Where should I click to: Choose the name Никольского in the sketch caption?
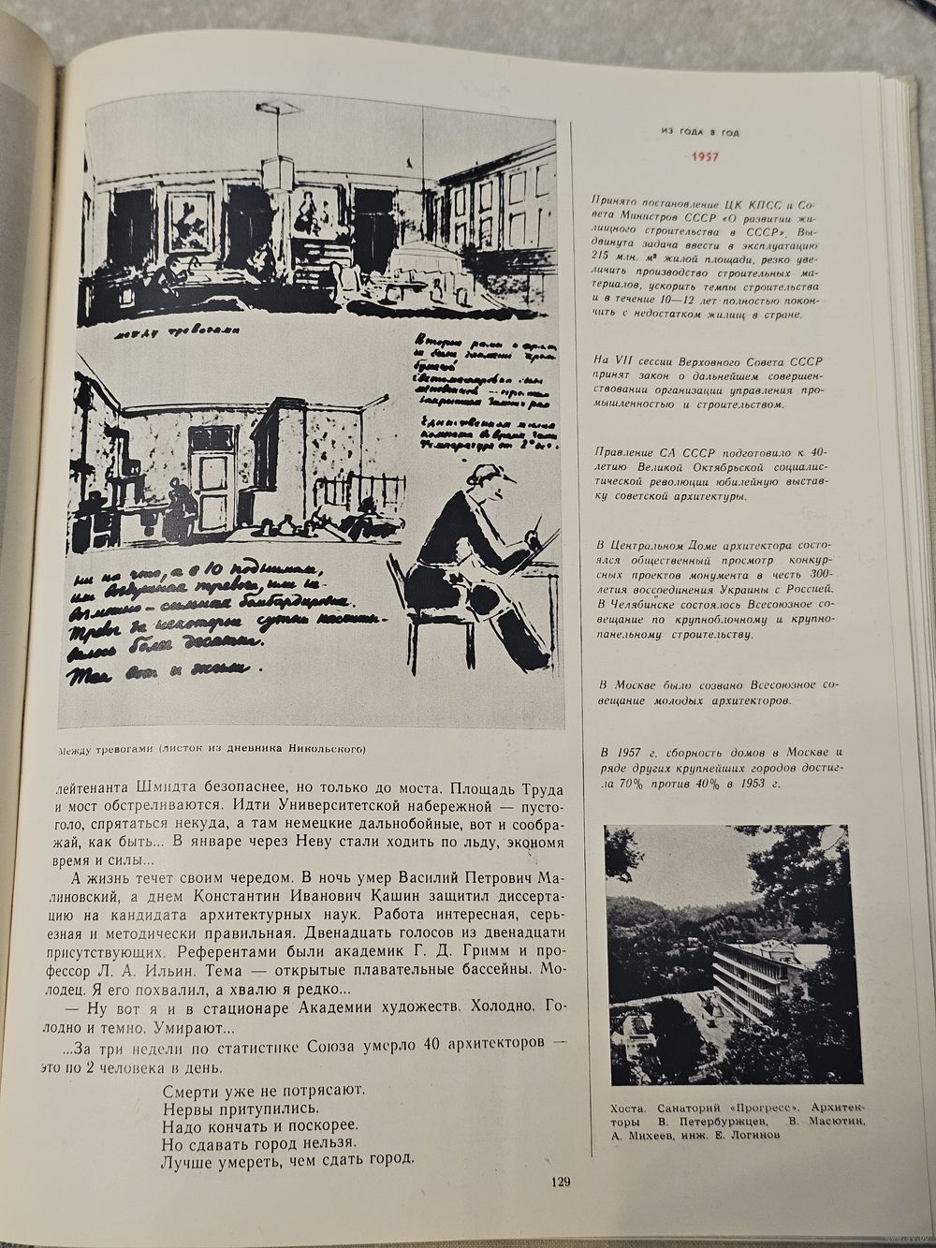click(319, 748)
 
